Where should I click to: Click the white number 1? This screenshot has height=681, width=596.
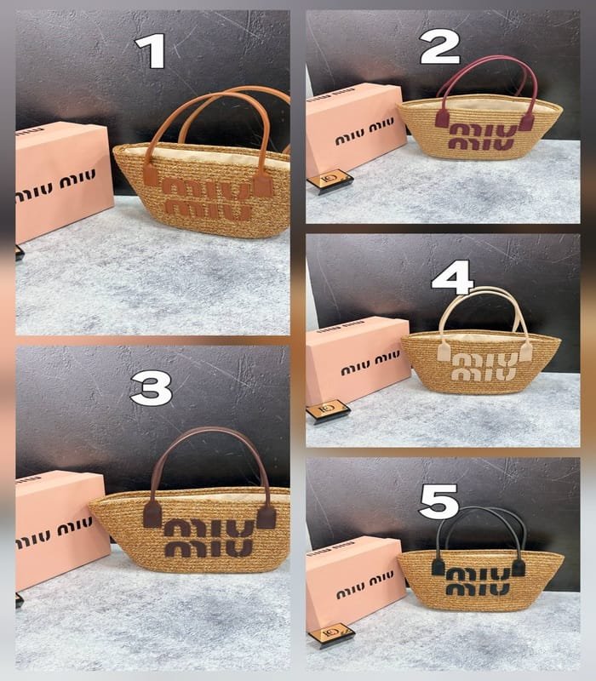(x=152, y=51)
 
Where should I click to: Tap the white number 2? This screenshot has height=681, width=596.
(x=439, y=48)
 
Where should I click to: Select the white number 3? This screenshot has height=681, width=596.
(x=152, y=390)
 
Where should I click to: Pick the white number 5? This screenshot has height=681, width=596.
(x=439, y=502)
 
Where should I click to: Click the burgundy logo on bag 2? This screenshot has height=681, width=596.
(x=482, y=137)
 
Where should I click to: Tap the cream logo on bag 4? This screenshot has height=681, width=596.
(x=484, y=367)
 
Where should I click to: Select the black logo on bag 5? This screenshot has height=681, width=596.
(x=478, y=581)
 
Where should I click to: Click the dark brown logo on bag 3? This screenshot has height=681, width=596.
(x=209, y=538)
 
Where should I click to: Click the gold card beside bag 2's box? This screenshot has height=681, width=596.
(x=330, y=180)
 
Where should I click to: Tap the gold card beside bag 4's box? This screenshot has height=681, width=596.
(x=329, y=410)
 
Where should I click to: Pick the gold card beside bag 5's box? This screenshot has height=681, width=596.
(x=331, y=635)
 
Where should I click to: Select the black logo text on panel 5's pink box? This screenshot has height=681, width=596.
(x=365, y=584)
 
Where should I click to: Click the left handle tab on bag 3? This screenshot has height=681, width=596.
(x=152, y=514)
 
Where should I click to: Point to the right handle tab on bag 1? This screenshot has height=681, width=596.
(x=263, y=185)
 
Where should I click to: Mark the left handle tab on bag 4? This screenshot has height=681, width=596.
(x=444, y=352)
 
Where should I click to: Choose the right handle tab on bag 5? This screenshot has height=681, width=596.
(x=519, y=568)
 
